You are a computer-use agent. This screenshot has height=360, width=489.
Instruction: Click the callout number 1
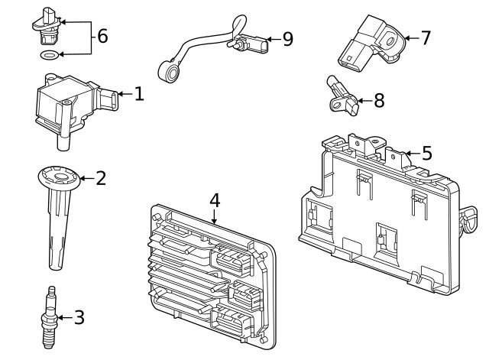(x=138, y=95)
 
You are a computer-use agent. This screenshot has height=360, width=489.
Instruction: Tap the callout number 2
(x=100, y=179)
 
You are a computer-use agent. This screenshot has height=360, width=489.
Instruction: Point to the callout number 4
(x=215, y=200)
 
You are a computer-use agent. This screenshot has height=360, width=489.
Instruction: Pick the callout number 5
(x=426, y=153)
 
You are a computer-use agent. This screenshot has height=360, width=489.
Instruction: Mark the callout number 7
(x=426, y=37)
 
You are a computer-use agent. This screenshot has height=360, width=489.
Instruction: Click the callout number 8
(x=379, y=100)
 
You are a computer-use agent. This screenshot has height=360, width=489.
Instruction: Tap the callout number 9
(x=287, y=39)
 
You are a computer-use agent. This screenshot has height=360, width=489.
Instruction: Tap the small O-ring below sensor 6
(x=47, y=56)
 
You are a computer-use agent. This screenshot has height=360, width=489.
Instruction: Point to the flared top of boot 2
(x=59, y=180)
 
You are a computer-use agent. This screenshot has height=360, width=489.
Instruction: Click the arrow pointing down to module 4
(x=215, y=217)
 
